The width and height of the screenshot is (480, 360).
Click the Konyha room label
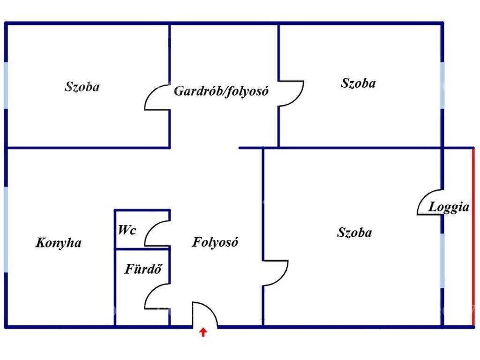59,243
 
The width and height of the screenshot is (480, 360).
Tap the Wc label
127,230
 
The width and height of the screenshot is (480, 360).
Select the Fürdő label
143,269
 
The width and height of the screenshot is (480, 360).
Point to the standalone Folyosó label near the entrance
215,242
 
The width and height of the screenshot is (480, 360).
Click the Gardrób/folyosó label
221,91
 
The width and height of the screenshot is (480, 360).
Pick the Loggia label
449,207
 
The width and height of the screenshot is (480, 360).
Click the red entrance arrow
203,332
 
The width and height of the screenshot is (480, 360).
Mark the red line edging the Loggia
473,237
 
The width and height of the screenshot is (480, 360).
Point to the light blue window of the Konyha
6,229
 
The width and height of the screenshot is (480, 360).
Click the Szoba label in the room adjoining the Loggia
354,232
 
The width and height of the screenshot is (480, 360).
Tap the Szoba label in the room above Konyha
82,87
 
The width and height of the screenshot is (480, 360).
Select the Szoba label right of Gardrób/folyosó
358,83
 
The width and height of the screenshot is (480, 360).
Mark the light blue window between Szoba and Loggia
442,261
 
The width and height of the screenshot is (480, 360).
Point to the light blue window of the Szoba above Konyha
6,85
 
